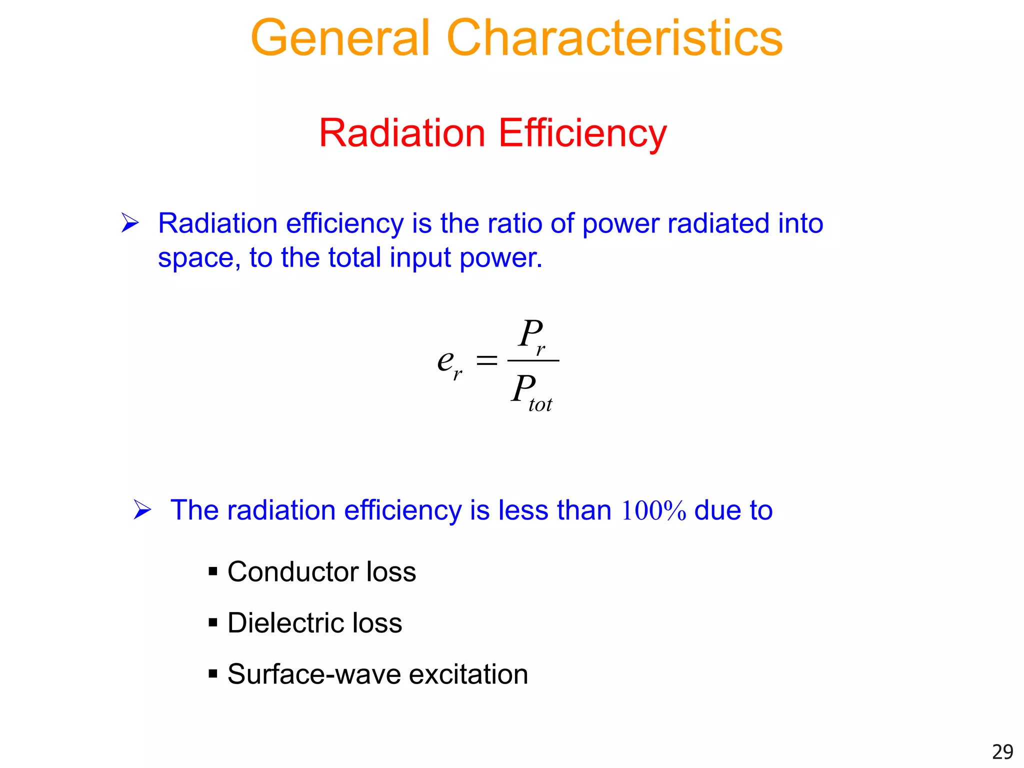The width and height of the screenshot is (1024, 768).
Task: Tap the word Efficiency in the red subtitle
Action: pyautogui.click(x=582, y=133)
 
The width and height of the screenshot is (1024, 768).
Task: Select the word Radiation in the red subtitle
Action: pyautogui.click(x=402, y=133)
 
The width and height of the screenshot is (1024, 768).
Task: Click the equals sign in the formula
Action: pyautogui.click(x=486, y=360)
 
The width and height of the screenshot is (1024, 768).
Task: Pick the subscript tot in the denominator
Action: pyautogui.click(x=540, y=404)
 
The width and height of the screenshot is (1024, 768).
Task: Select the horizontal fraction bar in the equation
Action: pyautogui.click(x=533, y=360)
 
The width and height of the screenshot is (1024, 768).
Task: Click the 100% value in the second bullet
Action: pyautogui.click(x=653, y=510)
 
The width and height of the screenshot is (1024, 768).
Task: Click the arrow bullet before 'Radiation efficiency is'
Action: pyautogui.click(x=130, y=222)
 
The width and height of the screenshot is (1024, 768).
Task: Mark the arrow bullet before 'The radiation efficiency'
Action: pyautogui.click(x=142, y=510)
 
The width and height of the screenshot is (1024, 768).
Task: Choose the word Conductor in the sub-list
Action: pyautogui.click(x=292, y=571)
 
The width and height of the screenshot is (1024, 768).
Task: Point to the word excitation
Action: pyautogui.click(x=468, y=674)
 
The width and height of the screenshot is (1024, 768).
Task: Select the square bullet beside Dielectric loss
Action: pyautogui.click(x=213, y=623)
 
